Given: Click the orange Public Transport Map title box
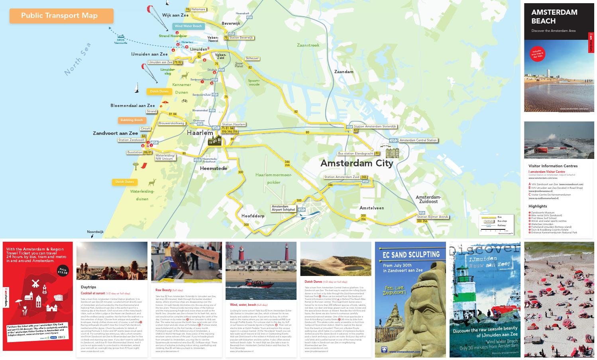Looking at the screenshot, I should pyautogui.click(x=61, y=16).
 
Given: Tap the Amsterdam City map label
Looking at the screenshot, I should pyautogui.click(x=357, y=163).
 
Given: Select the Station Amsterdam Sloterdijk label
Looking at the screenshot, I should pyautogui.click(x=375, y=126).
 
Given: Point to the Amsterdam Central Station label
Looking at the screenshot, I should pyautogui.click(x=418, y=140).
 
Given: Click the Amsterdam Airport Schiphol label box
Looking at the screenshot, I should pyautogui.click(x=283, y=208).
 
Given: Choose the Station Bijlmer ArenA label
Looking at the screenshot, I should pyautogui.click(x=432, y=217).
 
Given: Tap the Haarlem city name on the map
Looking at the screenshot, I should pyautogui.click(x=200, y=133).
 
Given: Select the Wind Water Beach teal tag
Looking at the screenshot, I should pyautogui.click(x=189, y=26).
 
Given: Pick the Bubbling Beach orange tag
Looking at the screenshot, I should pyautogui.click(x=132, y=120).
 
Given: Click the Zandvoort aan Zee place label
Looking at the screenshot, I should pyautogui.click(x=115, y=133).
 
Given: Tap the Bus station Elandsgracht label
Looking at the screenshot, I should pyautogui.click(x=355, y=153).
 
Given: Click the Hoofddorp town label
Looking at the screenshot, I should pyautogui.click(x=253, y=216).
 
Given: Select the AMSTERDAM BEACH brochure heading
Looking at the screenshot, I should pyautogui.click(x=554, y=16).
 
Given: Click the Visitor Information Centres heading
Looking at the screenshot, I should pyautogui.click(x=553, y=166).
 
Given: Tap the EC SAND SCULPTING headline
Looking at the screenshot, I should pyautogui.click(x=410, y=254).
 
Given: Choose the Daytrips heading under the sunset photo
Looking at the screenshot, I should pyautogui.click(x=88, y=287).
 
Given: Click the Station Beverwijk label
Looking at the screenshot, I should pyautogui.click(x=241, y=38).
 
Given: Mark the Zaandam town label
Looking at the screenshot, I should pyautogui.click(x=344, y=72).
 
